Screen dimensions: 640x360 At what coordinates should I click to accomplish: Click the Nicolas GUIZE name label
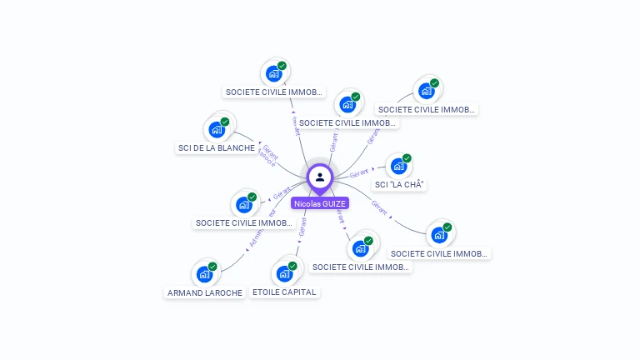(320, 203)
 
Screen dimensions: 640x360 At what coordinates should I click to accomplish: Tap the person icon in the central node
(320, 177)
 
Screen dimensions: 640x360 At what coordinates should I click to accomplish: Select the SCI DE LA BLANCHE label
(216, 148)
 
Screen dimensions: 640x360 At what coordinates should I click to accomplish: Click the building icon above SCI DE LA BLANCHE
(217, 130)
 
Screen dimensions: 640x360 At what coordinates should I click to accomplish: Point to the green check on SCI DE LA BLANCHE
(225, 122)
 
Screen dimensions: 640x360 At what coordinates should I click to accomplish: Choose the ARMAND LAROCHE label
(205, 292)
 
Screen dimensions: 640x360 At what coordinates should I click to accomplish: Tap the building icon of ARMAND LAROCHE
(204, 274)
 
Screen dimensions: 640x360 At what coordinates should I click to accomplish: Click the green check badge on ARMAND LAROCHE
(212, 267)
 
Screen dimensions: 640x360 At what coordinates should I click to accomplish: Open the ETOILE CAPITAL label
(284, 292)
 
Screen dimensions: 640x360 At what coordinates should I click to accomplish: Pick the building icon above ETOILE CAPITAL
(284, 273)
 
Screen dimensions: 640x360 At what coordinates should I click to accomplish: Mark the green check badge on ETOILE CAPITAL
(292, 265)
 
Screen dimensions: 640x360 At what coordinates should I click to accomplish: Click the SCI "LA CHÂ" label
(401, 184)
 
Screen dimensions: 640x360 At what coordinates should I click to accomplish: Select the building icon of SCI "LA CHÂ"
(398, 166)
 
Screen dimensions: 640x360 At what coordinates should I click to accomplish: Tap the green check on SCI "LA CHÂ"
(407, 158)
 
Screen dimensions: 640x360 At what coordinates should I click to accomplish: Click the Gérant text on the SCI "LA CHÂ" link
(360, 173)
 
